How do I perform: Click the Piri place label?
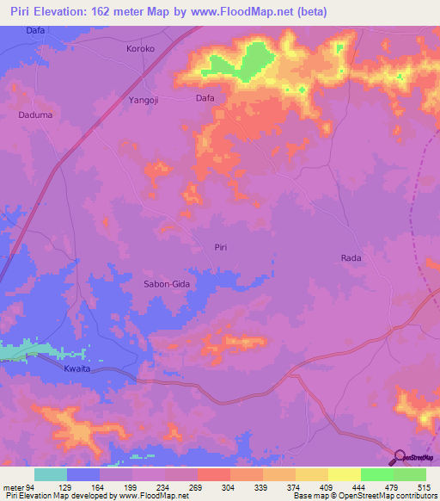[221, 247]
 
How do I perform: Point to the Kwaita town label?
[77, 368]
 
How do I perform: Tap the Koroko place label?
[140, 49]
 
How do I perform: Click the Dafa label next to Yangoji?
[205, 98]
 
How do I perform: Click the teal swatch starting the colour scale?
[51, 474]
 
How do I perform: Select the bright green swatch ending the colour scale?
[410, 474]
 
